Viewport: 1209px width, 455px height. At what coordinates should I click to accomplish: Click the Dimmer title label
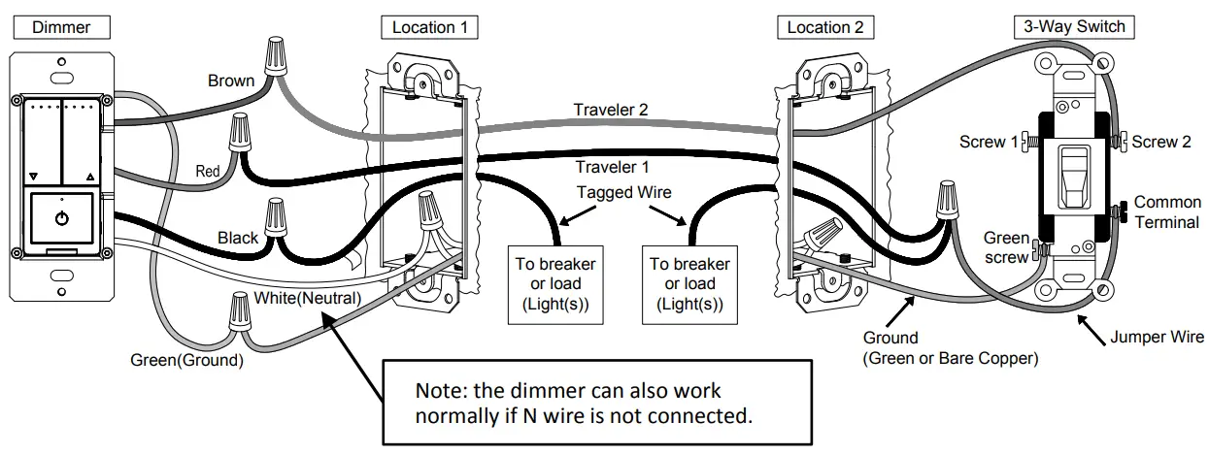pyautogui.click(x=61, y=27)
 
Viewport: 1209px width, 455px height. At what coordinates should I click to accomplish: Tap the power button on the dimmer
pyautogui.click(x=62, y=218)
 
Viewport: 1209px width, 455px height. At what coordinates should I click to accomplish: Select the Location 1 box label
pyautogui.click(x=428, y=27)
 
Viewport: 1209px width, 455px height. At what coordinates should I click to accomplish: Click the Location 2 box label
pyautogui.click(x=824, y=27)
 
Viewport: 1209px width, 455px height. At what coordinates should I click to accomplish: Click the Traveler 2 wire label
pyautogui.click(x=610, y=110)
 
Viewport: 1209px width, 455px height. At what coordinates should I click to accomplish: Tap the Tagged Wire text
pyautogui.click(x=622, y=193)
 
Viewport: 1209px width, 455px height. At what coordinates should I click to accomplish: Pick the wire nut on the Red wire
pyautogui.click(x=238, y=130)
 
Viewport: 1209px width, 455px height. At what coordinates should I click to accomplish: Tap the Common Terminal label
pyautogui.click(x=1167, y=211)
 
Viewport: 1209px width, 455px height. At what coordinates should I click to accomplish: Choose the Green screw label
pyautogui.click(x=1006, y=246)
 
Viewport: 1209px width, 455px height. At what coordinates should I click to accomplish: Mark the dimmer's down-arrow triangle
pyautogui.click(x=33, y=178)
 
